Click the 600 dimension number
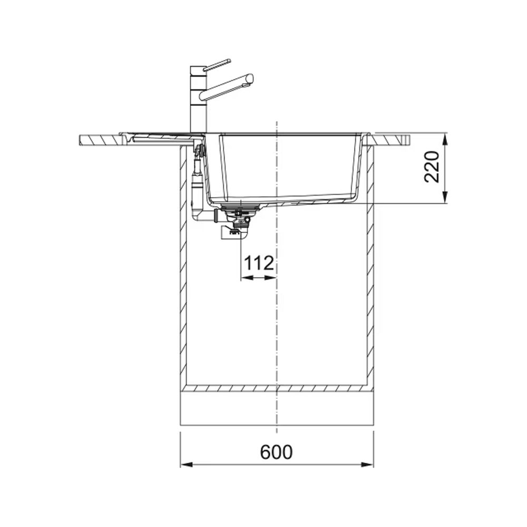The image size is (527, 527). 276,452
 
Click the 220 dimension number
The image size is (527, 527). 432,167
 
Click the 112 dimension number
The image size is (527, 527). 258,263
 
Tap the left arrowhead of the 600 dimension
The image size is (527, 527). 187,465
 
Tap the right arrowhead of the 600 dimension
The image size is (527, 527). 367,465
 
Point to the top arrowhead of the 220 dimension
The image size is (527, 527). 445,139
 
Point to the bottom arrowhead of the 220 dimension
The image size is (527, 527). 445,197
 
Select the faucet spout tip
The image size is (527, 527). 250,80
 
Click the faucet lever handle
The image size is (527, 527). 217,65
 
